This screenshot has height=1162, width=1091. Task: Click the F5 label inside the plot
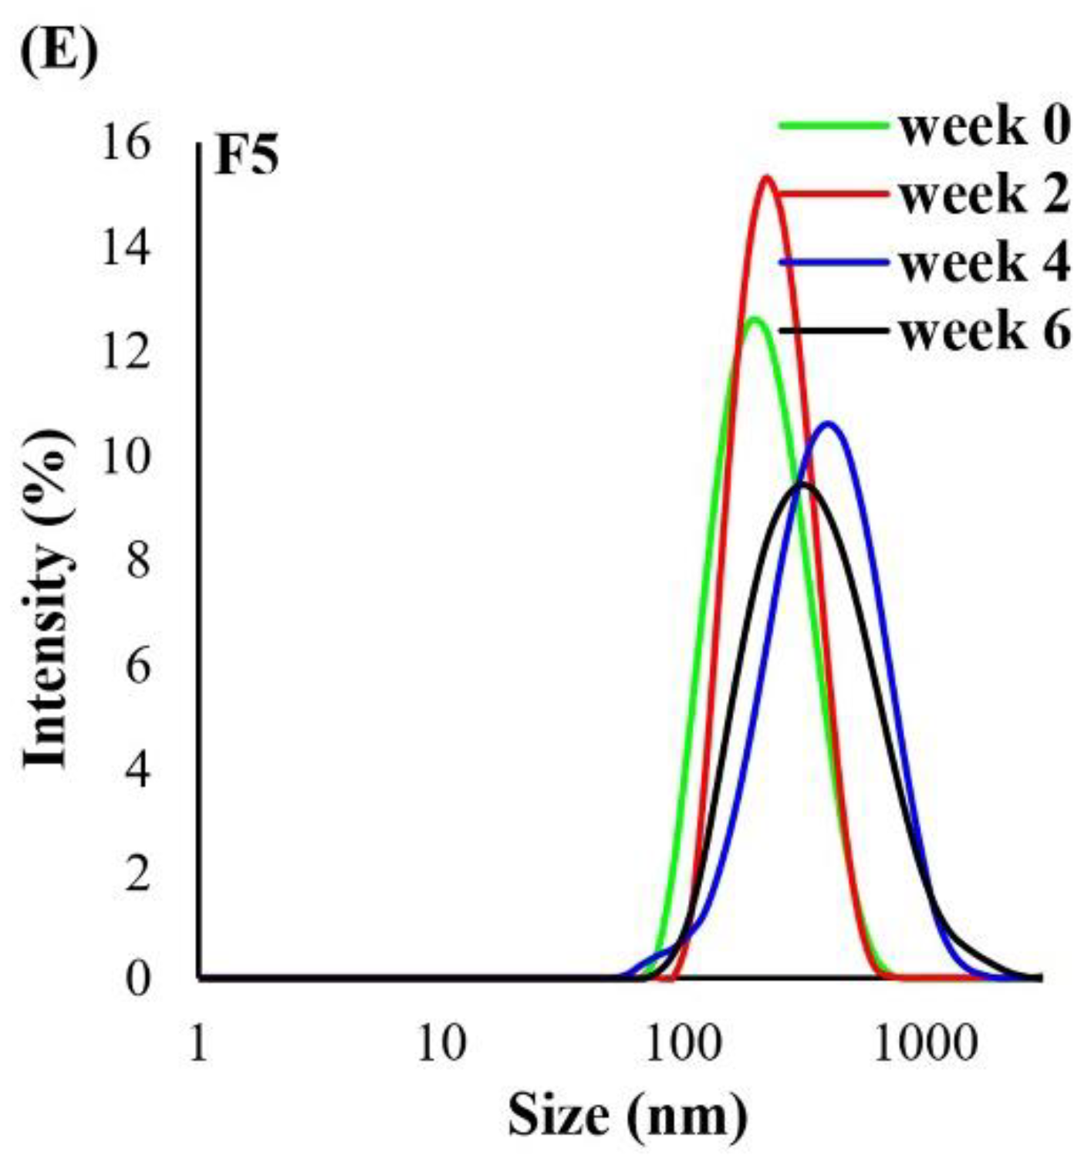click(246, 158)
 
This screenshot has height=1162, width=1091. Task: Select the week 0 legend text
click(985, 127)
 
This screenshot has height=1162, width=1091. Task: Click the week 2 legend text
click(985, 194)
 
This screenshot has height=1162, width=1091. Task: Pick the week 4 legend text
click(985, 262)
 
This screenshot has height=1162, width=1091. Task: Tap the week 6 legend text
click(985, 331)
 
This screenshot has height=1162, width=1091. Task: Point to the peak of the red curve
click(767, 178)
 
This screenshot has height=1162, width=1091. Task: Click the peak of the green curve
click(755, 319)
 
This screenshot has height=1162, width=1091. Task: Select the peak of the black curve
click(802, 484)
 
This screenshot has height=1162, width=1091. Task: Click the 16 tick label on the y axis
click(126, 144)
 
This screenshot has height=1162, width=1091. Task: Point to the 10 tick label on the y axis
click(126, 457)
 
